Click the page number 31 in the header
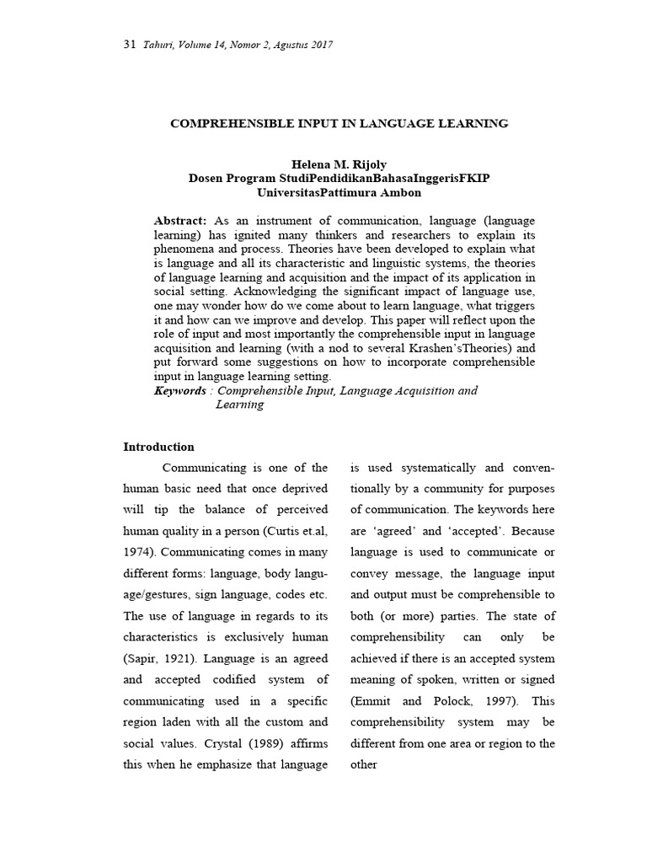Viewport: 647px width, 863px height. [x=129, y=45]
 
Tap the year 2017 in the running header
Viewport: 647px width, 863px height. [x=319, y=45]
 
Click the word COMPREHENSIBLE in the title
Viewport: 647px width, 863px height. [x=222, y=124]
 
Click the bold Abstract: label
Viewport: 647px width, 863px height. [x=180, y=220]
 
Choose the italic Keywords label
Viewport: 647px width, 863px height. [x=180, y=391]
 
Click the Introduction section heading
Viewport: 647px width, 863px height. [x=158, y=447]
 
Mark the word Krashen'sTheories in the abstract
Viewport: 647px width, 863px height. [x=468, y=348]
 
